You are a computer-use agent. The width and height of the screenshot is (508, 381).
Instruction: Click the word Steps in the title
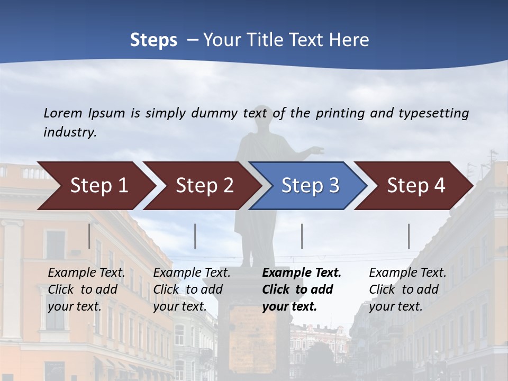coord(153,40)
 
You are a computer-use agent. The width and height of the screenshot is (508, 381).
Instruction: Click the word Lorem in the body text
coord(63,113)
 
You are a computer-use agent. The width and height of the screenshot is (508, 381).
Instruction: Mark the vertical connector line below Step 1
coord(89,236)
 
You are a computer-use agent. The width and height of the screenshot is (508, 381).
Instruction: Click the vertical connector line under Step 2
coord(195,236)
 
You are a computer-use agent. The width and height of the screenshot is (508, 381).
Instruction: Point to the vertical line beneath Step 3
coord(302,236)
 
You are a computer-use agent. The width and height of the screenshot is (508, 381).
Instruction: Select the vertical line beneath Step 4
coord(409,236)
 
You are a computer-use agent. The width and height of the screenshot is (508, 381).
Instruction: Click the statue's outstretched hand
coord(317,150)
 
